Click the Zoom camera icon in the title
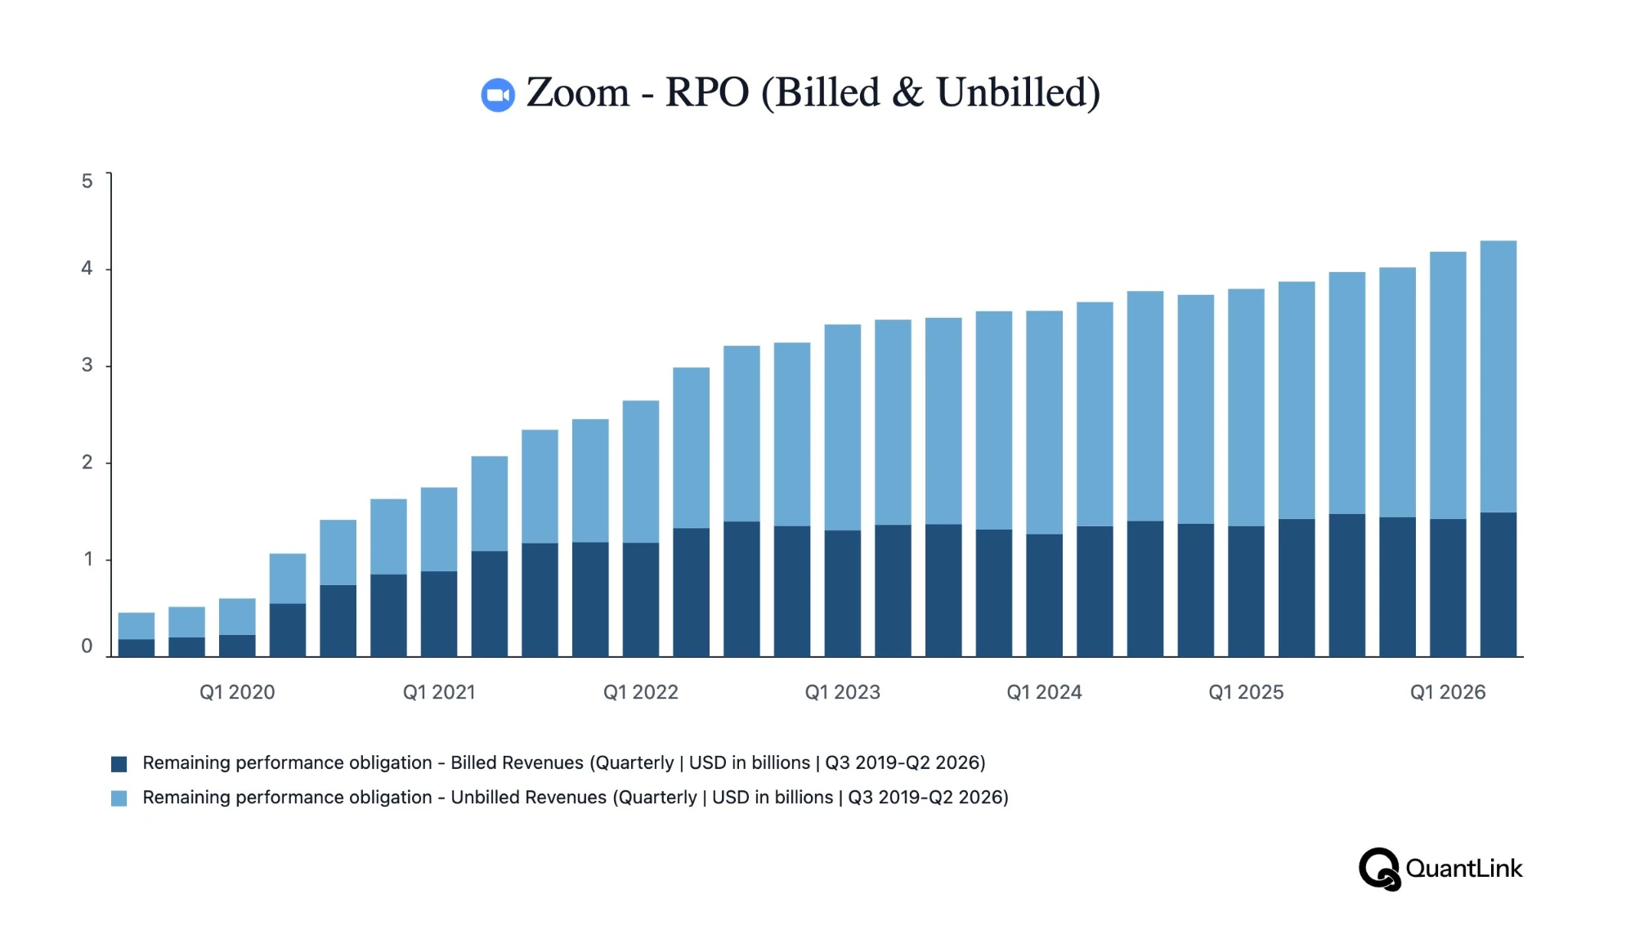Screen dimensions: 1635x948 click(498, 95)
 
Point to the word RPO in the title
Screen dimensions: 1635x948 click(707, 92)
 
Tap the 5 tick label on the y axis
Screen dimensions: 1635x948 click(87, 181)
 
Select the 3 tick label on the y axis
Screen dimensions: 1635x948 click(87, 365)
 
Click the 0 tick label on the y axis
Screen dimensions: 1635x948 click(87, 646)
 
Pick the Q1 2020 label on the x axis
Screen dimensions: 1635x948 click(237, 692)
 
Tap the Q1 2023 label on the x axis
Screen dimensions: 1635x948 click(843, 692)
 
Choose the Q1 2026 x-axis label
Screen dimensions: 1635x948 click(1448, 692)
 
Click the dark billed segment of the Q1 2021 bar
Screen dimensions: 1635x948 click(439, 614)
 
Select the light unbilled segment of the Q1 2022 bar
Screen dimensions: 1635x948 click(641, 472)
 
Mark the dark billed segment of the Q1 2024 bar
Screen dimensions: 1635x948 click(1045, 595)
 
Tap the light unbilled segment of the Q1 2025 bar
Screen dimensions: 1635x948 click(1247, 408)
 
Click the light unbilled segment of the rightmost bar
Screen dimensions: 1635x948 click(1498, 377)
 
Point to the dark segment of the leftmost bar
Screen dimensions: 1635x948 click(137, 647)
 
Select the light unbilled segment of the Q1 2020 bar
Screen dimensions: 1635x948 click(237, 617)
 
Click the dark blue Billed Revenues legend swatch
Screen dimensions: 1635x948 click(119, 764)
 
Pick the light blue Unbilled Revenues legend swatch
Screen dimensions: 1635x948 click(119, 798)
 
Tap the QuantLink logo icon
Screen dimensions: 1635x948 click(1380, 869)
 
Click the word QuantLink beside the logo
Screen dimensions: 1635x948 click(1464, 868)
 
